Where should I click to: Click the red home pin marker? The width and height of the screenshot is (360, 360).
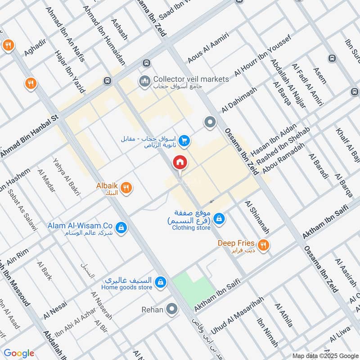click(180, 162)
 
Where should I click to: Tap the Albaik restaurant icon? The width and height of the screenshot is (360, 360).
click(127, 188)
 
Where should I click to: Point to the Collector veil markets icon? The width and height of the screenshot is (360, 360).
click(145, 81)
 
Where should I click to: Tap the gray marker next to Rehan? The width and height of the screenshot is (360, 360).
click(171, 309)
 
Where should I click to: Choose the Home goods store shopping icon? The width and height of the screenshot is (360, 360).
click(159, 283)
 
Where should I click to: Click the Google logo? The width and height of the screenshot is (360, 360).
click(19, 353)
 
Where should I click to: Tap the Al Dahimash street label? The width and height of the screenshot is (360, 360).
click(239, 99)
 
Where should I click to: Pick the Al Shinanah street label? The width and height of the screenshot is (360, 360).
click(257, 217)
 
